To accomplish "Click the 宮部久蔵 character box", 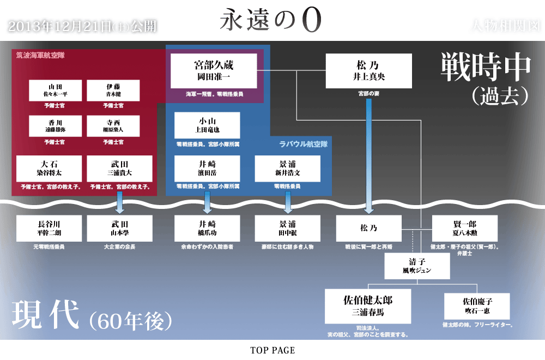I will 213,70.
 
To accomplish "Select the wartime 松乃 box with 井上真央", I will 368,71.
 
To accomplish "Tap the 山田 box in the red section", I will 55,90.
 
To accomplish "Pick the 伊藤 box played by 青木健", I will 113,90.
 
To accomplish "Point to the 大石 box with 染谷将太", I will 49,168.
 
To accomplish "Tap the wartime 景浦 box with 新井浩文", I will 287,168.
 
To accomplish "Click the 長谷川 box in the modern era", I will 49,228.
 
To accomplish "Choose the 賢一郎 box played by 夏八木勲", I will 465,228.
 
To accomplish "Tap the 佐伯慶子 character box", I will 477,306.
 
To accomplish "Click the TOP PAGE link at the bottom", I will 272,350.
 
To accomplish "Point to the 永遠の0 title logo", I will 271,19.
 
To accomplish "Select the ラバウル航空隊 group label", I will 302,144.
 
